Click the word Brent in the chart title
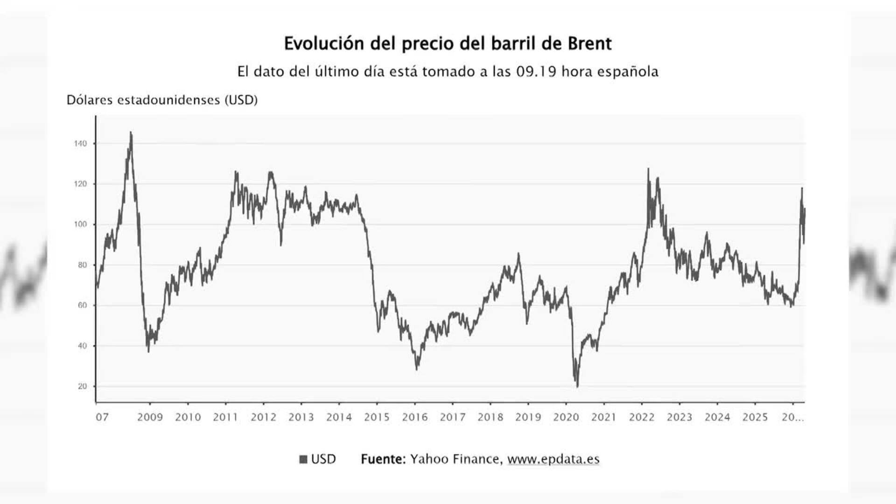click(x=589, y=44)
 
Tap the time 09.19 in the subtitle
click(x=536, y=72)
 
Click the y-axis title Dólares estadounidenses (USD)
click(x=162, y=100)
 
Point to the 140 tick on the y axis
click(x=80, y=144)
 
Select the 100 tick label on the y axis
click(x=80, y=224)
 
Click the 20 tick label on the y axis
click(x=82, y=386)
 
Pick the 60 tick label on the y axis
click(x=82, y=305)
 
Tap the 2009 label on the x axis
click(x=150, y=417)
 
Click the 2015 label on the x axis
click(x=377, y=417)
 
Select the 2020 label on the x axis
click(x=566, y=417)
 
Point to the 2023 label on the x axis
click(x=679, y=417)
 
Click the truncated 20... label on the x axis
click(x=792, y=417)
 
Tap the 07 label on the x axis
click(x=102, y=417)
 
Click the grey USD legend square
click(x=303, y=459)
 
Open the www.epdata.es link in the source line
click(x=553, y=459)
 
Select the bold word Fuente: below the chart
click(x=383, y=459)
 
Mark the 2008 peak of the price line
click(x=131, y=133)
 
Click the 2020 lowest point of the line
click(x=577, y=386)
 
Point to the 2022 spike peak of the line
click(x=648, y=169)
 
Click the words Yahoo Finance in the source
click(x=455, y=459)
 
